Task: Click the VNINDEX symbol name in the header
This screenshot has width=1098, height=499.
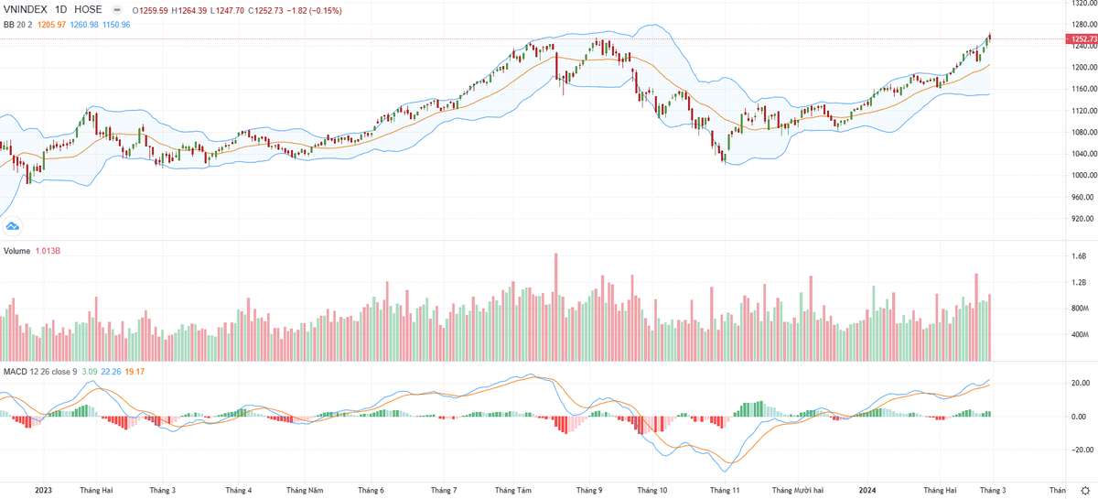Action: [27, 9]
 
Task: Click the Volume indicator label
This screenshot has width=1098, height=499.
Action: [17, 250]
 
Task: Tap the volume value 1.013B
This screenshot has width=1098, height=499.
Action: [48, 250]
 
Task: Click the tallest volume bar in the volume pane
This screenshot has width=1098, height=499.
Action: [555, 307]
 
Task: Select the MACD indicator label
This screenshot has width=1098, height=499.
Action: [16, 371]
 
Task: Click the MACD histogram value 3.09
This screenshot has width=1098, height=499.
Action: [89, 371]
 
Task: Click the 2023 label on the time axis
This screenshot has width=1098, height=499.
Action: [43, 491]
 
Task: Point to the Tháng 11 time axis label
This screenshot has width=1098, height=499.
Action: [724, 491]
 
